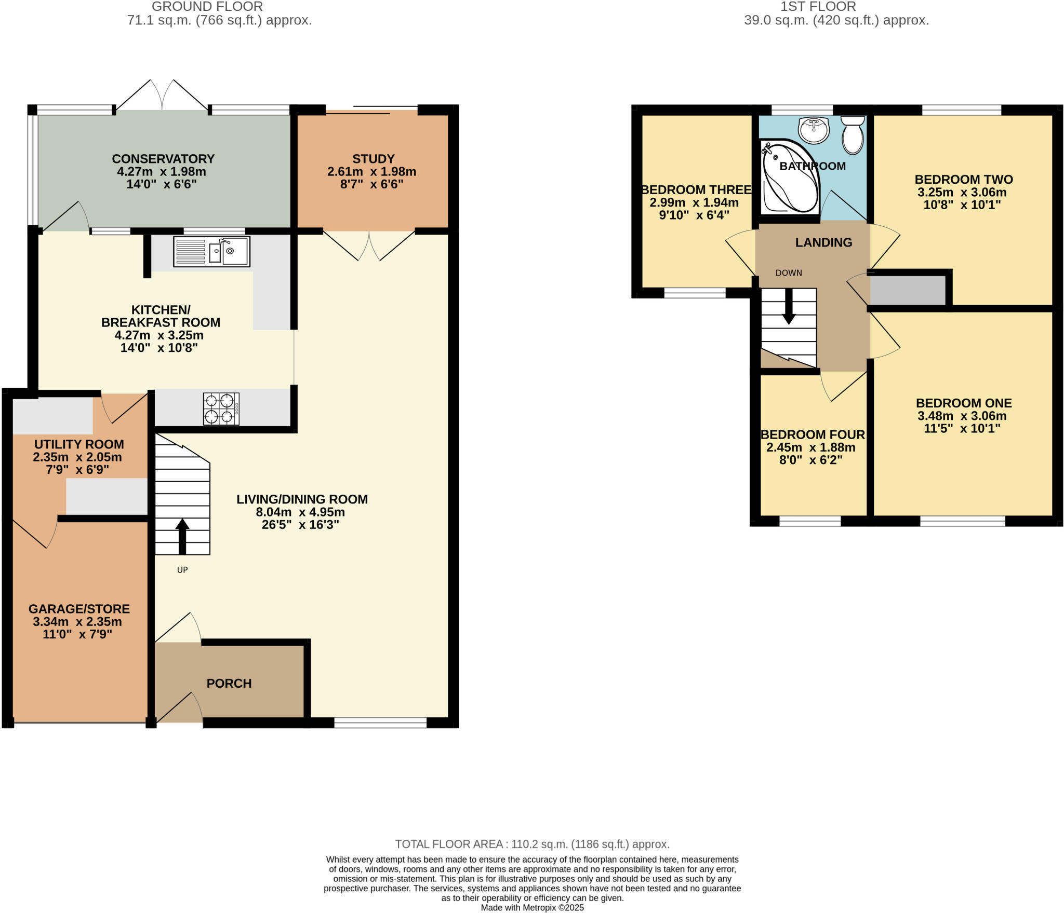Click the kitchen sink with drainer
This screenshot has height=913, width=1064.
click(211, 252)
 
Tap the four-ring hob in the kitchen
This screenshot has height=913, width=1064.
click(221, 409)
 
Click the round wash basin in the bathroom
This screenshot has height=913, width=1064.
click(814, 130)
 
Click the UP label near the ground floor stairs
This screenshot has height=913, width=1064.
click(182, 570)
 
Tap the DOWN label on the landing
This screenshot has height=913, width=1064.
click(789, 273)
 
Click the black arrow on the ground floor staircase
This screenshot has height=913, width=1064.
click(182, 536)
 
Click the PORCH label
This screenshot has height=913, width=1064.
click(229, 684)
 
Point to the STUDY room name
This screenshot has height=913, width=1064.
click(373, 159)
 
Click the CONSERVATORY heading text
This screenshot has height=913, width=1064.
click(163, 159)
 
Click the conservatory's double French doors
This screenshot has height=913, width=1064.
click(163, 96)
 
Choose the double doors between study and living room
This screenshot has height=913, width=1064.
click(369, 245)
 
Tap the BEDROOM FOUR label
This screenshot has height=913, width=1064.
click(813, 435)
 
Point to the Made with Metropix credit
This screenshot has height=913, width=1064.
click(532, 908)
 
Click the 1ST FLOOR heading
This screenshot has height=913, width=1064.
click(818, 7)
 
